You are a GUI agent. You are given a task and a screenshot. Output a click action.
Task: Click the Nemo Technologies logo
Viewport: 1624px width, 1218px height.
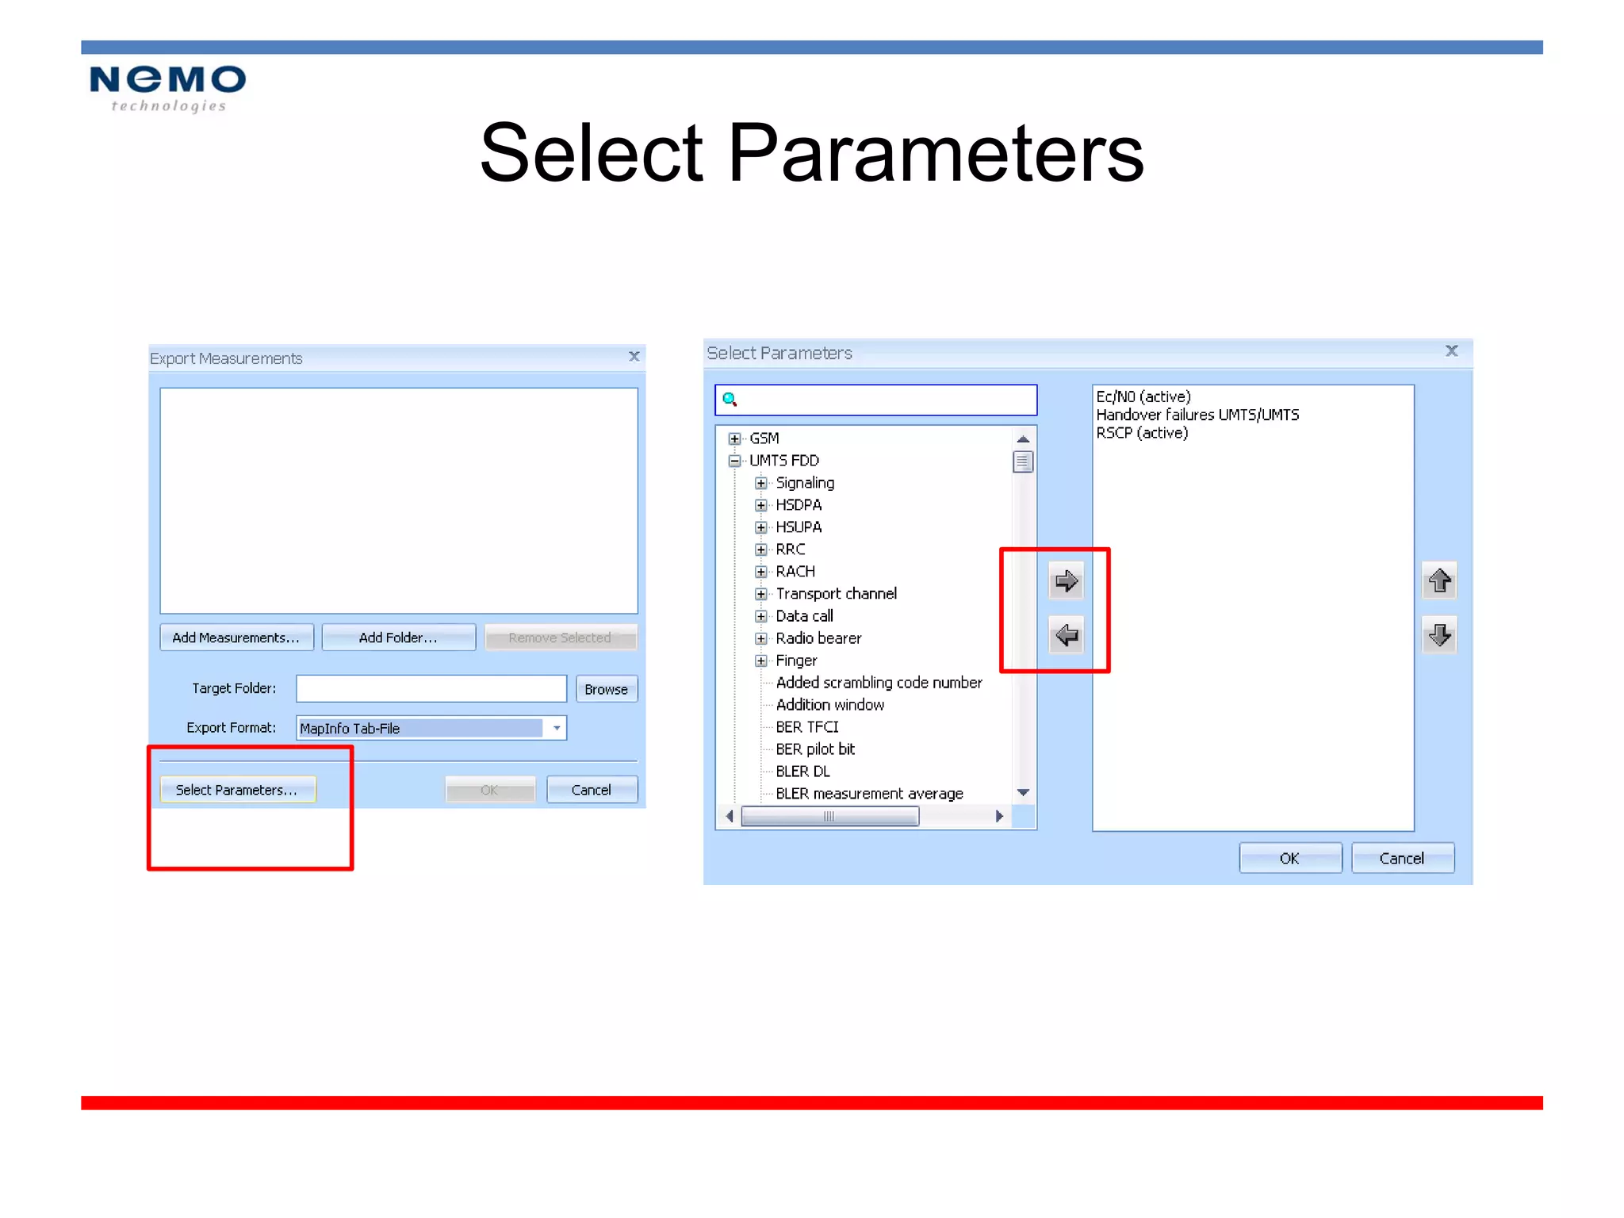click(167, 88)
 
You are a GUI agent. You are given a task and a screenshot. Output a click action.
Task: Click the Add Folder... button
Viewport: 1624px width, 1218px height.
click(398, 638)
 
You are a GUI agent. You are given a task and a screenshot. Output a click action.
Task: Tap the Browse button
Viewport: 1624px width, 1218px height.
click(606, 689)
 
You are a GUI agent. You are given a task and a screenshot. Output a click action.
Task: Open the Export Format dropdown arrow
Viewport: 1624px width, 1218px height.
click(557, 728)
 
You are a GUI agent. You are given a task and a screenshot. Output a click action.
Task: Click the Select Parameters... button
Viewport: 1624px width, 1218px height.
click(237, 790)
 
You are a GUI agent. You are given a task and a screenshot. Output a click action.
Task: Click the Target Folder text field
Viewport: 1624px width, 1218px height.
click(431, 688)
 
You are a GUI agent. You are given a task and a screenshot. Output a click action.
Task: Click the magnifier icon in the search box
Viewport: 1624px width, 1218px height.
click(730, 400)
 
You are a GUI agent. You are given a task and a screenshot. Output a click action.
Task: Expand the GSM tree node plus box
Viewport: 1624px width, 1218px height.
click(735, 439)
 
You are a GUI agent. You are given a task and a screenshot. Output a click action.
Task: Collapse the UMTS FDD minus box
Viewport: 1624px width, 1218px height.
click(735, 461)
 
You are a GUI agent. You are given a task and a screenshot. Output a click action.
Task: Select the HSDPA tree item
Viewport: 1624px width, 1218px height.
click(799, 505)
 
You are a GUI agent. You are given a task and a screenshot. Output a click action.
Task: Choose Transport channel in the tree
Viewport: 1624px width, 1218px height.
click(836, 594)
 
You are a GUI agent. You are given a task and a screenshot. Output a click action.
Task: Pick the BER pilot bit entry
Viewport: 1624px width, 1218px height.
click(815, 749)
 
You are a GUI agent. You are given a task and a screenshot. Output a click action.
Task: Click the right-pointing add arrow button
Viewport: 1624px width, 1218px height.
click(1067, 581)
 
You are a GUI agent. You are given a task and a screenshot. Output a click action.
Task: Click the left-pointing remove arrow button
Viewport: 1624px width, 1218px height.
click(1067, 635)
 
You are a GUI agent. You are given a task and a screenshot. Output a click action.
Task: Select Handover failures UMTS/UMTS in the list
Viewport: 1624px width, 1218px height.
click(1197, 415)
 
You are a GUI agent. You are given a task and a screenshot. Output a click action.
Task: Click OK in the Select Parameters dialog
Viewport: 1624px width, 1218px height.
click(1289, 858)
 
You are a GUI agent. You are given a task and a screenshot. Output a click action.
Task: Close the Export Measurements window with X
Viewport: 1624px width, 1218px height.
click(634, 357)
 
